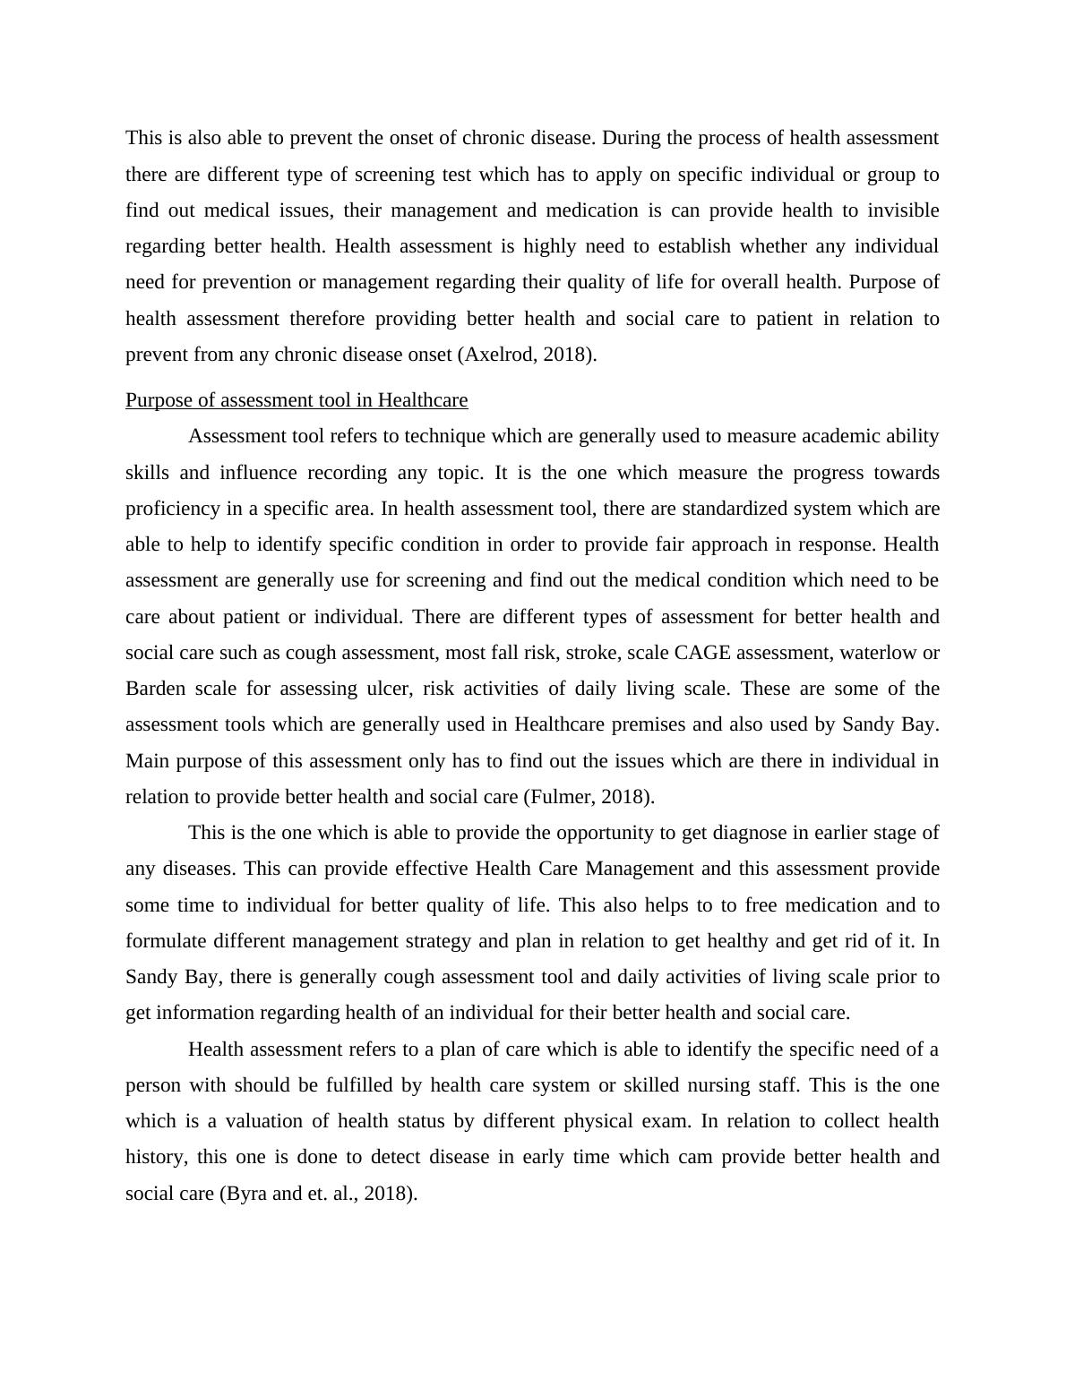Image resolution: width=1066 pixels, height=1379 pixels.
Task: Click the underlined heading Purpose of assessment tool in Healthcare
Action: (297, 400)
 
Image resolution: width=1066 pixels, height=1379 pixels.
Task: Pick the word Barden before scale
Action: (154, 689)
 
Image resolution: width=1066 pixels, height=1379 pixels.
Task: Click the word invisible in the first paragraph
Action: (903, 210)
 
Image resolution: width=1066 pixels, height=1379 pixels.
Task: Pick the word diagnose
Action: (751, 833)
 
